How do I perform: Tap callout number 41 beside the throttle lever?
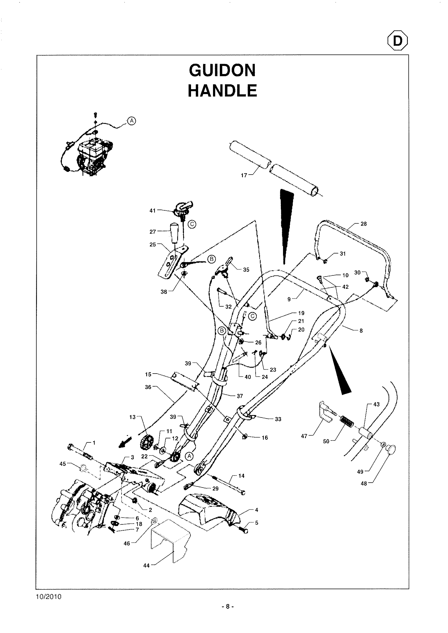point(152,211)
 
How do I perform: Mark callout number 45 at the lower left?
point(63,464)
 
